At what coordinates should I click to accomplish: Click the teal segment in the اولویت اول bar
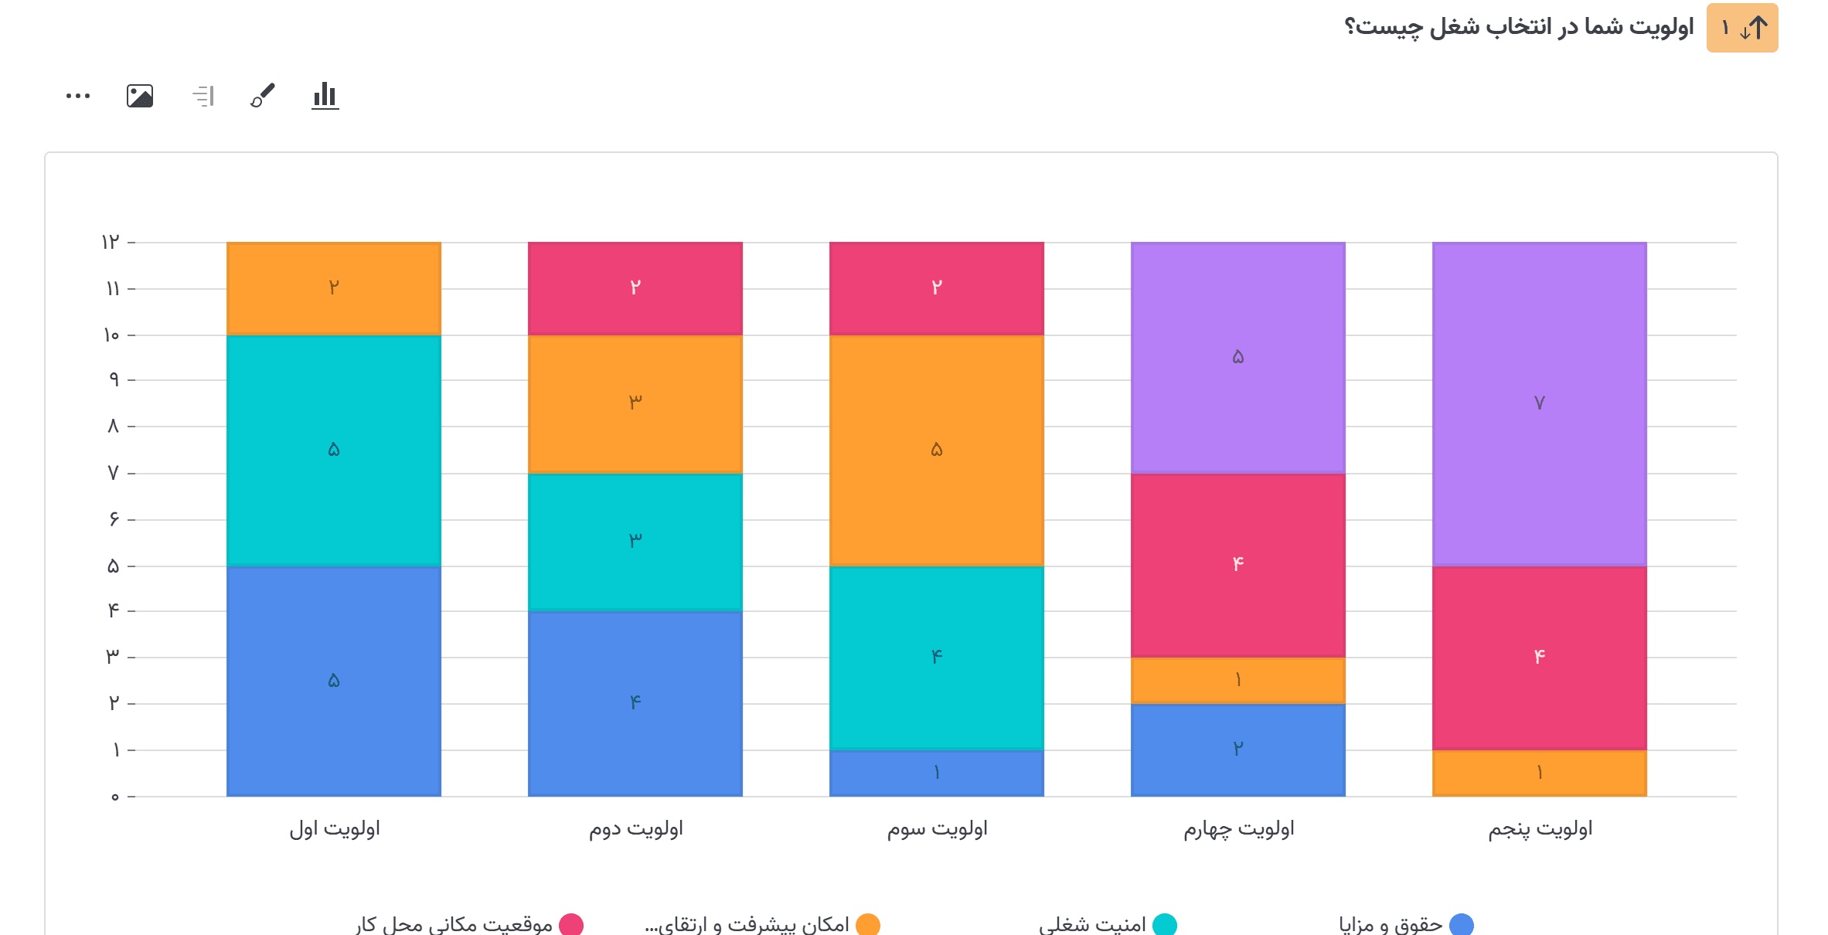(x=333, y=450)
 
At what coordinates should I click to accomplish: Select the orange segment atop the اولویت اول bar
(x=333, y=288)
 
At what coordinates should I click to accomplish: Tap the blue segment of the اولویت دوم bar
(x=635, y=703)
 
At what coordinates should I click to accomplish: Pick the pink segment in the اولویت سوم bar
(x=936, y=288)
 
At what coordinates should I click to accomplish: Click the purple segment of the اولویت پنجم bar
(x=1539, y=403)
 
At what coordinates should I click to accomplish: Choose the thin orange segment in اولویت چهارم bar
(x=1237, y=680)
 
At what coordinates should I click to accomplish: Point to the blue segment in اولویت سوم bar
(x=936, y=773)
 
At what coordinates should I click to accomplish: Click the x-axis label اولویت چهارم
(x=1238, y=829)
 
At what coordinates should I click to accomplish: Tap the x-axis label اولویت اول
(x=334, y=829)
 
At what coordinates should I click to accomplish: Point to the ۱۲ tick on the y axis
(x=111, y=243)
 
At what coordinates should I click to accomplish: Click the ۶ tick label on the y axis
(x=114, y=519)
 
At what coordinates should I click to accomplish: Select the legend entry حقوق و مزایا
(x=1391, y=924)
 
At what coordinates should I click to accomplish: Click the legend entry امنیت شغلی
(x=1093, y=924)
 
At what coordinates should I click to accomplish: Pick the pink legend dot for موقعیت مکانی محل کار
(x=571, y=924)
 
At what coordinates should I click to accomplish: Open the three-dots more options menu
(x=78, y=96)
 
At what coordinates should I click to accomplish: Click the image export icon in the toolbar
(x=140, y=96)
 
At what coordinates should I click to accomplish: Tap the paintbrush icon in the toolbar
(x=263, y=96)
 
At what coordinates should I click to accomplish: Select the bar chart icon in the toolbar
(x=325, y=96)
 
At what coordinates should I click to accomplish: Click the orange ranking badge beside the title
(x=1741, y=29)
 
